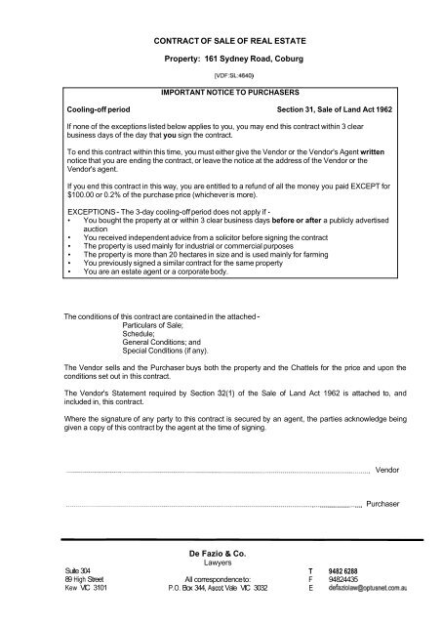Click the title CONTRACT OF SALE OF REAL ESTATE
tap(221, 38)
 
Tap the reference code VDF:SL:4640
tap(221, 75)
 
